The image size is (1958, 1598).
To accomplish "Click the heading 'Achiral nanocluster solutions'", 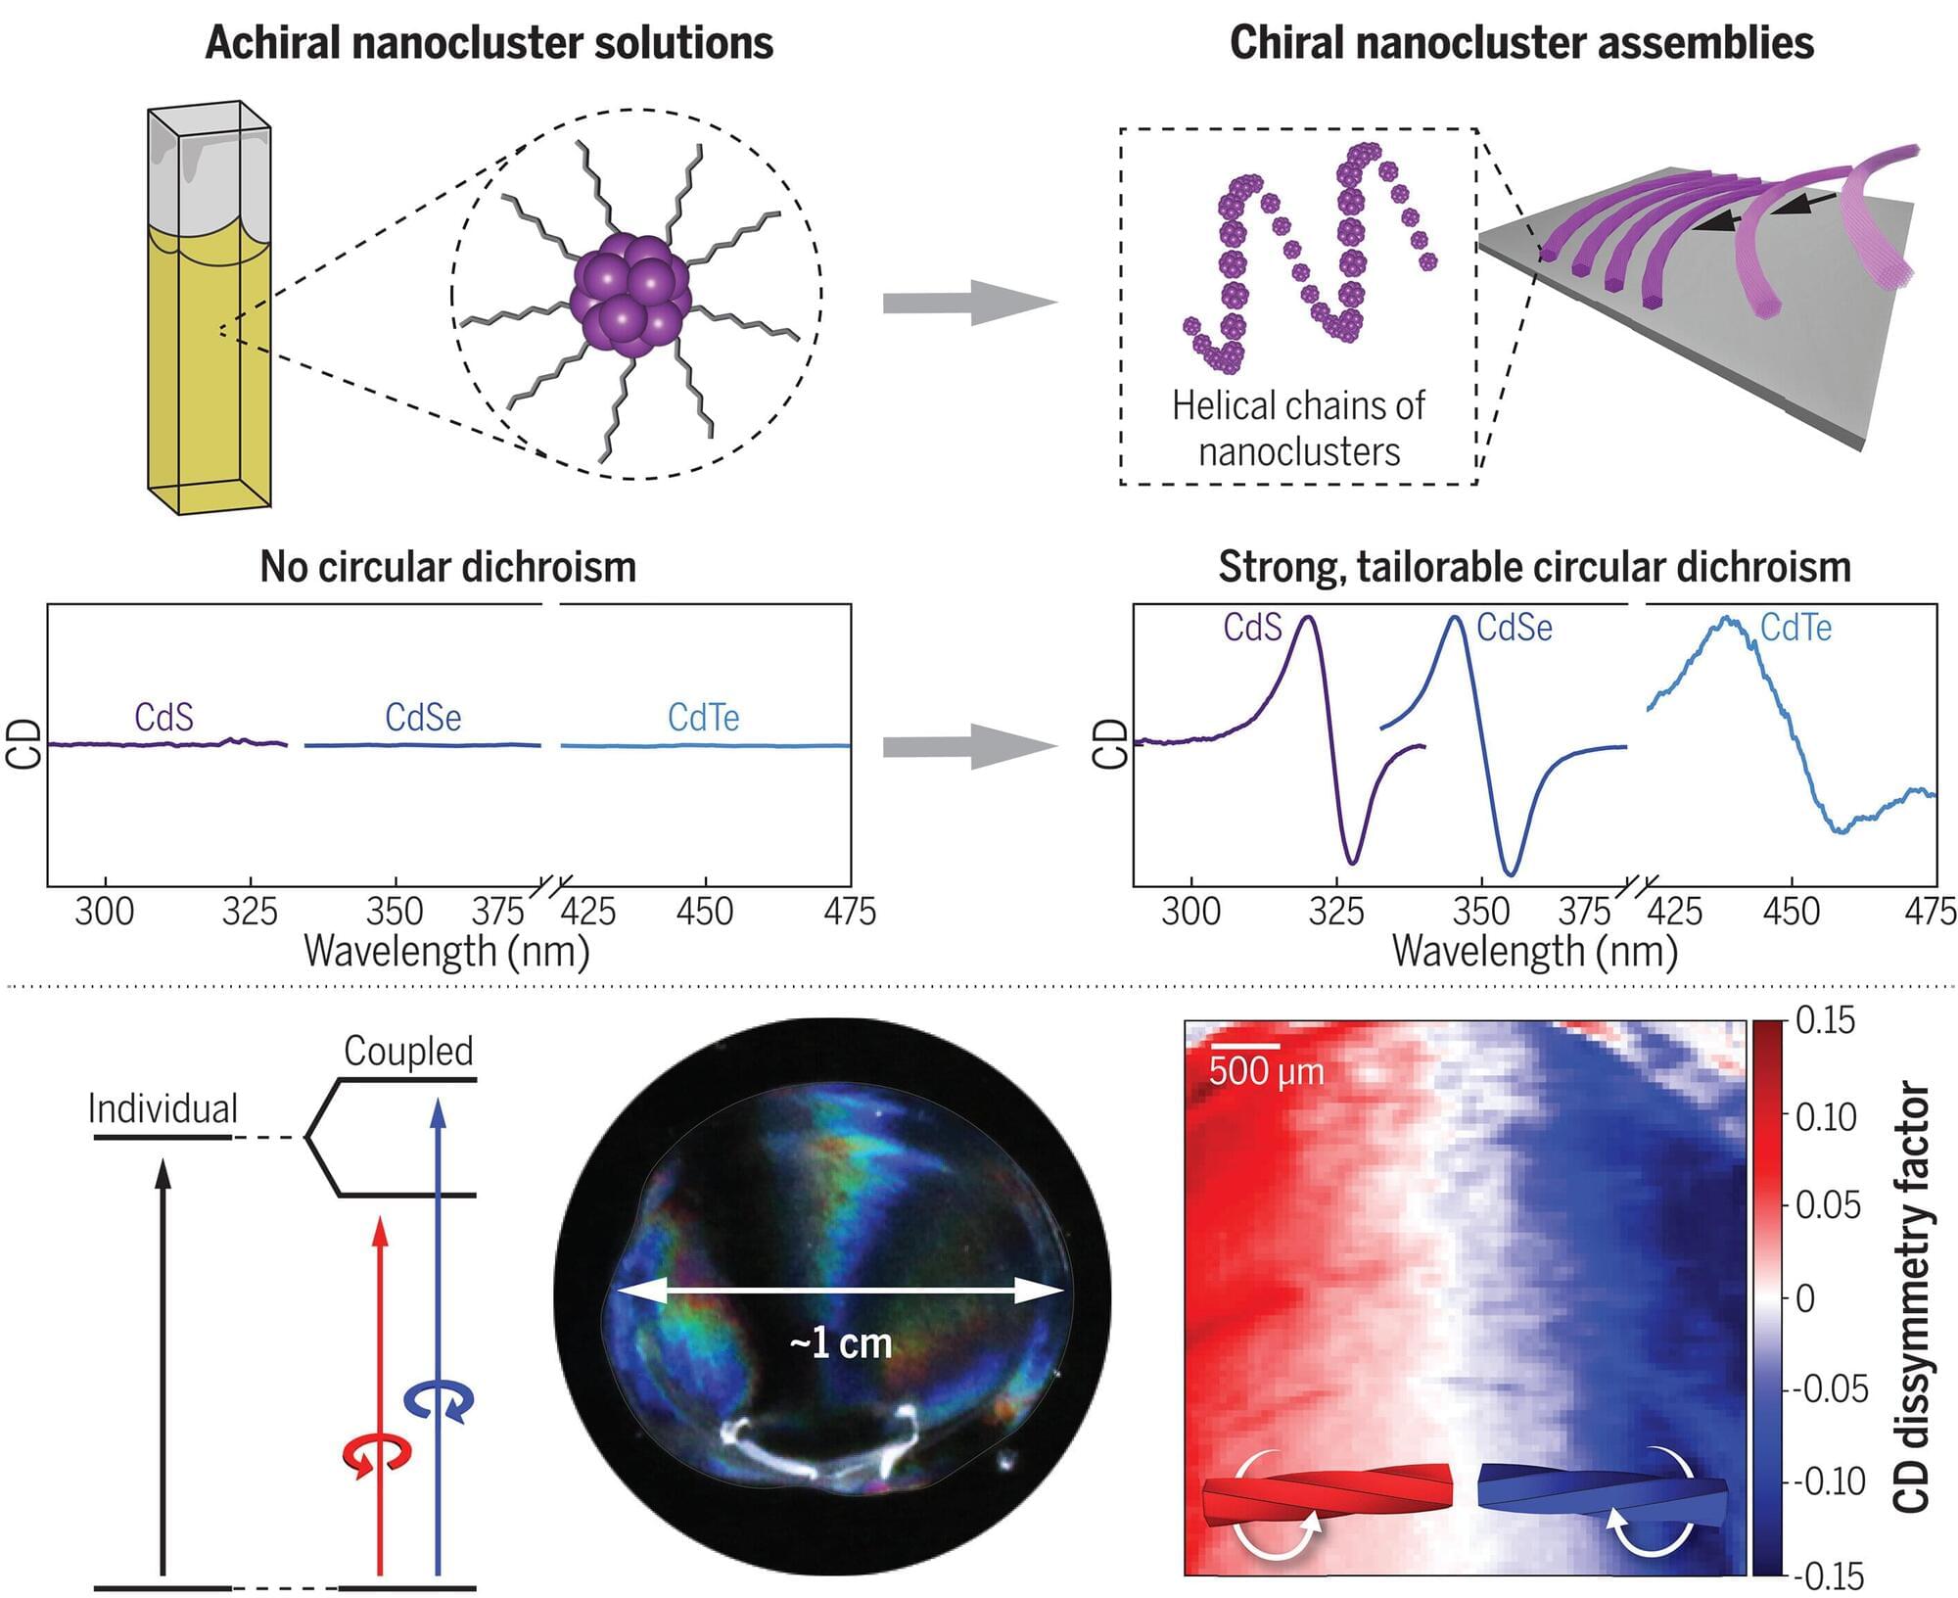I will coord(489,44).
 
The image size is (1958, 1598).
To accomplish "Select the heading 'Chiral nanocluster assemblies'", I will coord(1521,44).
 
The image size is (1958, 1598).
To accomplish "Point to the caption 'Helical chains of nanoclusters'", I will coord(1298,429).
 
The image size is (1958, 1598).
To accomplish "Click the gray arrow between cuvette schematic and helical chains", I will coord(969,303).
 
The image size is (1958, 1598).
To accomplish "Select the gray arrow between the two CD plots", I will coord(969,747).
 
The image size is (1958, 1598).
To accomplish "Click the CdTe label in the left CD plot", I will coord(703,718).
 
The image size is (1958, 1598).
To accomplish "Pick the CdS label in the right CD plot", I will coord(1252,628).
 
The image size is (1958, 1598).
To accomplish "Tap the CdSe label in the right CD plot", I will coord(1514,628).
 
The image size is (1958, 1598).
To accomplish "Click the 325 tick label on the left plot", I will coord(250,913).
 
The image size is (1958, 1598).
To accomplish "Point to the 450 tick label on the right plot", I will coord(1791,913).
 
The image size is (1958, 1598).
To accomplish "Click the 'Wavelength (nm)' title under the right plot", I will coord(1534,952).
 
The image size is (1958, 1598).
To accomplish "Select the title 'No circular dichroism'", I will coord(447,567).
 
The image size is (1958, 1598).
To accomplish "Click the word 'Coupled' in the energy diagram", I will coord(408,1051).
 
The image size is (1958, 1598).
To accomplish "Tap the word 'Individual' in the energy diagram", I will coord(163,1109).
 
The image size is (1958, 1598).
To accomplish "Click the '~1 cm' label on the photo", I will coord(840,1343).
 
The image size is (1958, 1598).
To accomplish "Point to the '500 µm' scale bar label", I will coord(1266,1071).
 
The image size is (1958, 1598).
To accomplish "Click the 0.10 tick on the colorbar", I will coord(1825,1116).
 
